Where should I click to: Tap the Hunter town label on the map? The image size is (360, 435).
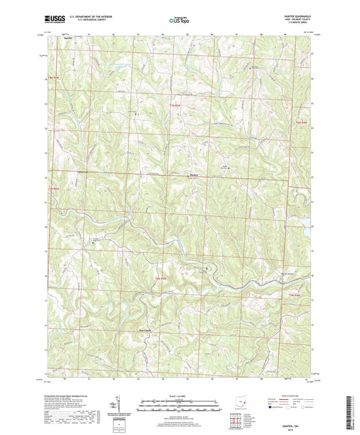click(x=193, y=176)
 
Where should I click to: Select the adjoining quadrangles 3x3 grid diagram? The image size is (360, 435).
click(x=238, y=418)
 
